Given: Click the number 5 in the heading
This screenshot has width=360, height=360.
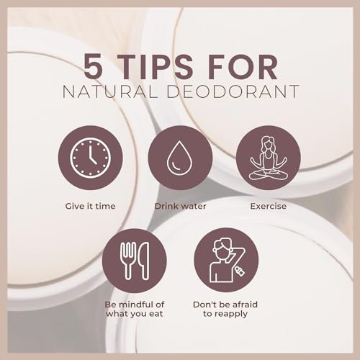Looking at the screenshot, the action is click(x=94, y=66).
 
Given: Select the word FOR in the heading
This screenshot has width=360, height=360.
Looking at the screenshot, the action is click(x=243, y=66).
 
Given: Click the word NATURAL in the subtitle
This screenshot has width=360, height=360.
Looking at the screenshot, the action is click(x=109, y=91).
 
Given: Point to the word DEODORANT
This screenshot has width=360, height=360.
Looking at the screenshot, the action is click(x=233, y=91).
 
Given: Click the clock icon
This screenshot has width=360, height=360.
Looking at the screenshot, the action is click(x=91, y=158).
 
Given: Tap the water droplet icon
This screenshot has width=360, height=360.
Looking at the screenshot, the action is click(x=179, y=158).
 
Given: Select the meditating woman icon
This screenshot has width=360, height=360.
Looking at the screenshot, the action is click(x=269, y=158).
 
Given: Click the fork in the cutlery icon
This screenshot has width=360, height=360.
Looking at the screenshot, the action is click(x=128, y=261).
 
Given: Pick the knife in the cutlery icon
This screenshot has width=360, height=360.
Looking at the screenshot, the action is click(x=144, y=261).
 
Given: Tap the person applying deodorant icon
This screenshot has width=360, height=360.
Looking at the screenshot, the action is click(x=227, y=260).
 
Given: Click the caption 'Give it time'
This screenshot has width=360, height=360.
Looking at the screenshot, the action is click(x=90, y=206).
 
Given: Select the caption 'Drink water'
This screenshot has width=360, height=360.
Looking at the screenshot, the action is click(x=180, y=206).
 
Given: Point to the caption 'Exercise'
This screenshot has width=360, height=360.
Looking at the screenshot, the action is click(x=269, y=206).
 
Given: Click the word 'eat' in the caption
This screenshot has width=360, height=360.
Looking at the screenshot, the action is click(x=156, y=314).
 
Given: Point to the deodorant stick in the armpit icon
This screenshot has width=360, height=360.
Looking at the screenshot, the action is click(x=240, y=271).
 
